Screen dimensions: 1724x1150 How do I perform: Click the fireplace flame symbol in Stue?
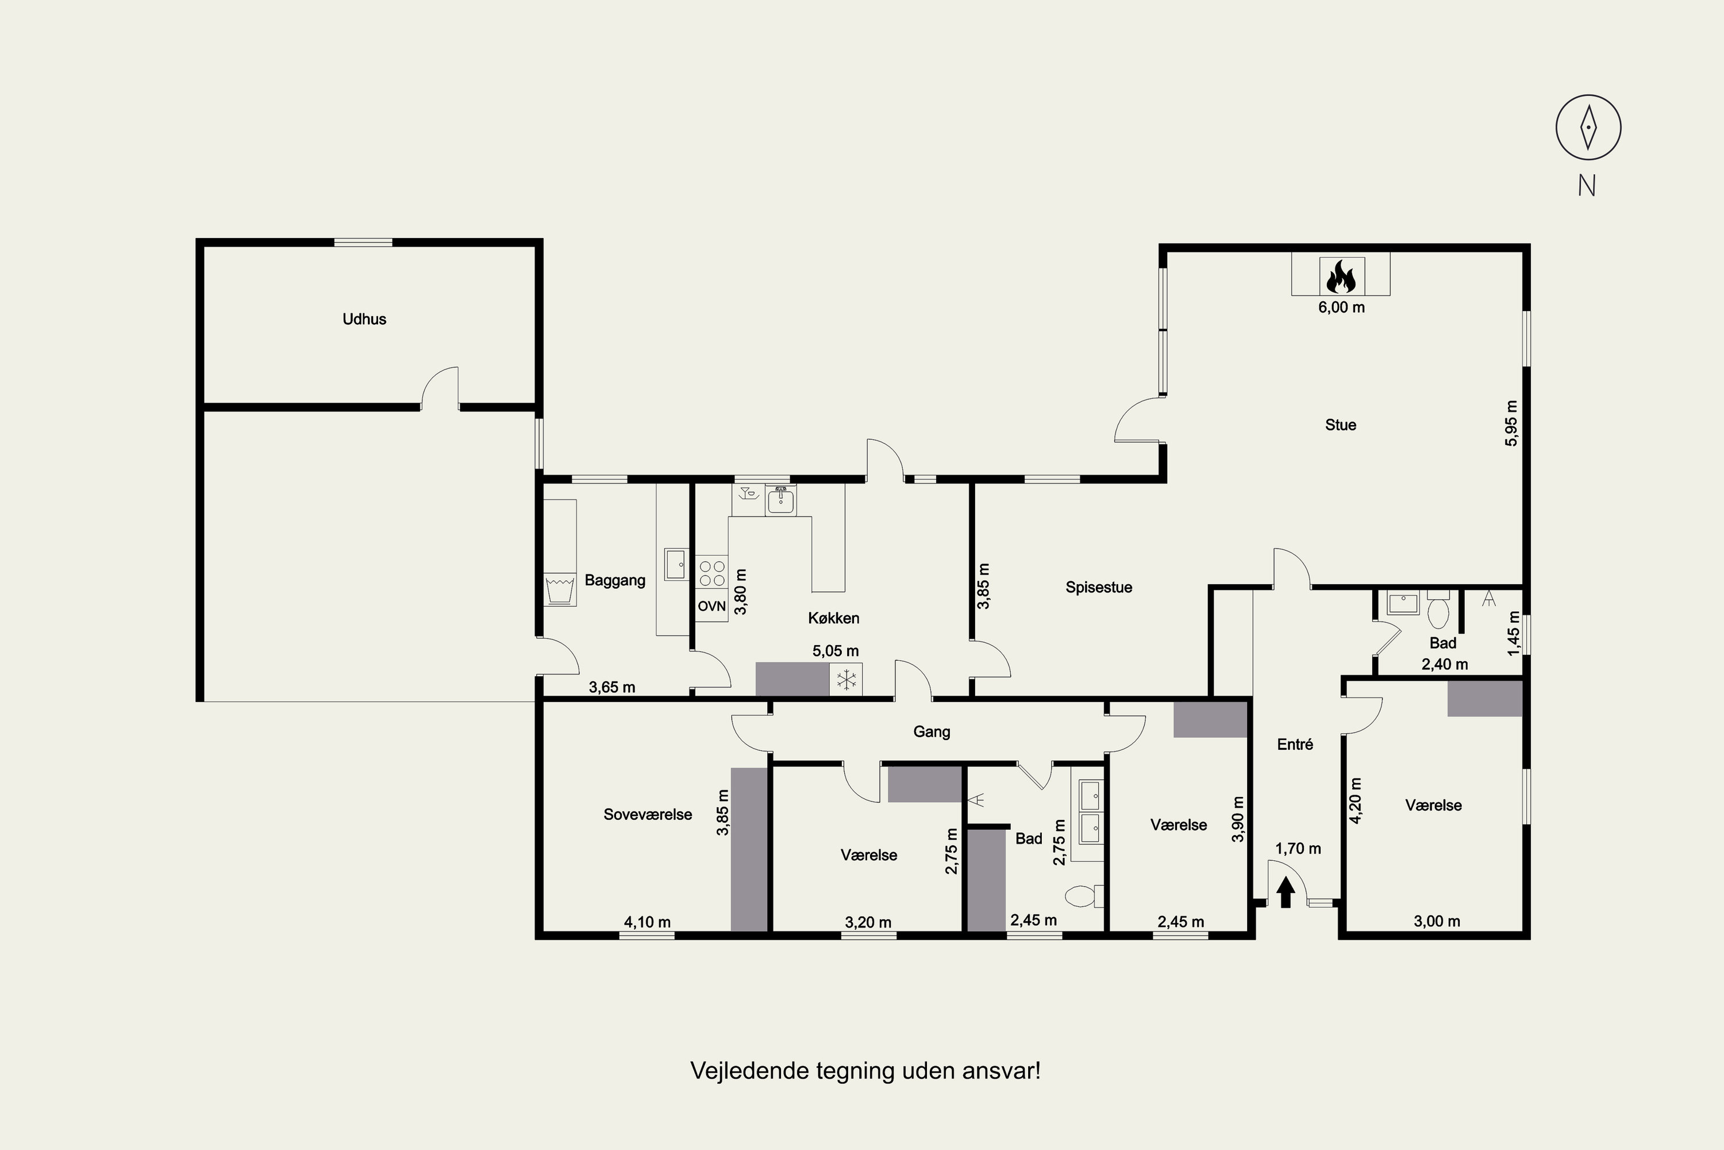coord(1341,277)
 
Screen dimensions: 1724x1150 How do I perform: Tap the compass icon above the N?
coord(1588,127)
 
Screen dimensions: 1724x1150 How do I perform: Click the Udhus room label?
coord(364,319)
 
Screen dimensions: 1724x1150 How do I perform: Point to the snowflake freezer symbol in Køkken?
coord(846,680)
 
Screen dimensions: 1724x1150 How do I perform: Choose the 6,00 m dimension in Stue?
coord(1341,307)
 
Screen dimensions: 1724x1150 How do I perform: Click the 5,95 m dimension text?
coord(1511,423)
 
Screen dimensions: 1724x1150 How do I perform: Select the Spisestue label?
coord(1099,588)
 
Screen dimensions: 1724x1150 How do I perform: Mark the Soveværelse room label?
coord(648,815)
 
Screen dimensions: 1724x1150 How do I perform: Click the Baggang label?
coord(615,581)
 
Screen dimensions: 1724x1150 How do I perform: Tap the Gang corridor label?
coord(932,732)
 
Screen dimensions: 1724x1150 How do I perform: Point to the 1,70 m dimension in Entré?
coord(1298,849)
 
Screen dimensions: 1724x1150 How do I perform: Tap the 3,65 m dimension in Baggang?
coord(612,688)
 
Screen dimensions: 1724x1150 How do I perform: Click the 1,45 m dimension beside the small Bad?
coord(1514,634)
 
